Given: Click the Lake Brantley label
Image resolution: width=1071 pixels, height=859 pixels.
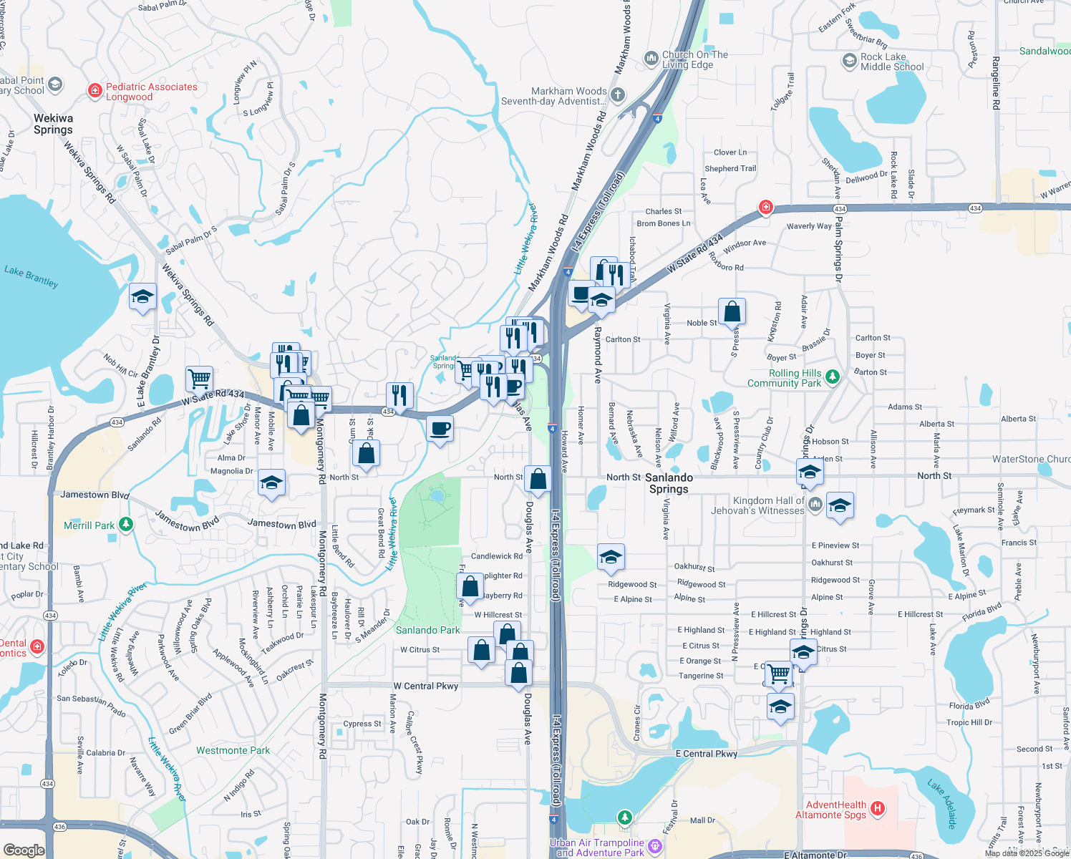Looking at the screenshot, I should [x=31, y=276].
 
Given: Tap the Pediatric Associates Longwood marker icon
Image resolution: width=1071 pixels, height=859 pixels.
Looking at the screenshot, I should [x=94, y=90].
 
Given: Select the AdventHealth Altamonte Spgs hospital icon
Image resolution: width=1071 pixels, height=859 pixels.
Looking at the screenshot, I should [x=878, y=809].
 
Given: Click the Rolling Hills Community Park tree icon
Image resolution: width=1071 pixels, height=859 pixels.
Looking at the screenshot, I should [x=832, y=377].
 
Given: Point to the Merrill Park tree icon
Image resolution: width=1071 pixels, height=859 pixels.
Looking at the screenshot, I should [x=126, y=525].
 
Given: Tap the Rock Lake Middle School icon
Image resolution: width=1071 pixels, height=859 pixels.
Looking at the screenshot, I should [x=849, y=61].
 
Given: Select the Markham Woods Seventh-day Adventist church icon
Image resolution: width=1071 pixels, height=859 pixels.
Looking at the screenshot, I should [x=618, y=95].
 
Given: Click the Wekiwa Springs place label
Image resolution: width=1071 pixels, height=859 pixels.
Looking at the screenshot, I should [x=53, y=124].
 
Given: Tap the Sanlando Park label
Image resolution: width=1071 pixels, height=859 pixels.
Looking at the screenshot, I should [x=428, y=630].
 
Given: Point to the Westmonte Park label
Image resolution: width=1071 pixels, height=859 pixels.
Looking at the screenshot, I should [x=233, y=750].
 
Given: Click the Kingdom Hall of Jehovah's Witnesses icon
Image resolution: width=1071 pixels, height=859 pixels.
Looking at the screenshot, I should [x=815, y=505].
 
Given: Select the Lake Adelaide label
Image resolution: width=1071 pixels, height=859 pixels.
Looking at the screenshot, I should [x=942, y=804].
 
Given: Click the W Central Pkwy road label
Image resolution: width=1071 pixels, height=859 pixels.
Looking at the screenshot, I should [x=425, y=686].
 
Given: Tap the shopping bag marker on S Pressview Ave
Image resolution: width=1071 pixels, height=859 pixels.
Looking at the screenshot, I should [x=732, y=312].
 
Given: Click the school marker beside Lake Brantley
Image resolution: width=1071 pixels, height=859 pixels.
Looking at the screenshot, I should [x=142, y=297].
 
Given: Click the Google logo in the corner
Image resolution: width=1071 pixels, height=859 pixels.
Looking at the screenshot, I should [x=24, y=850].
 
